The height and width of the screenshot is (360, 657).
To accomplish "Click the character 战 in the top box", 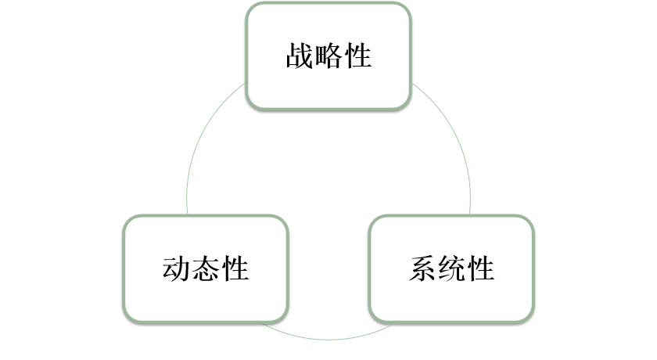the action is pos(300,56).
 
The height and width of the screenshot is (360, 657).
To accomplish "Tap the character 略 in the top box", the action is pos(328,56).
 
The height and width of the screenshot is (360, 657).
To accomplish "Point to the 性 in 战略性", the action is pos(357,56).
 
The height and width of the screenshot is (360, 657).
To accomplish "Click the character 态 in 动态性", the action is pos(206,268).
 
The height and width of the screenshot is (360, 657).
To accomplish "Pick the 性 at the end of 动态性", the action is pos(235,268).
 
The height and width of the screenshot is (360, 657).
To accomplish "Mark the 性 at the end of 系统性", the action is pos(480,268).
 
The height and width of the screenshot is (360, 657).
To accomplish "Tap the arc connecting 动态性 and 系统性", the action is pos(328,339).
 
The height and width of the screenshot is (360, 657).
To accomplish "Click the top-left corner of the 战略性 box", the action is pos(250,6).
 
